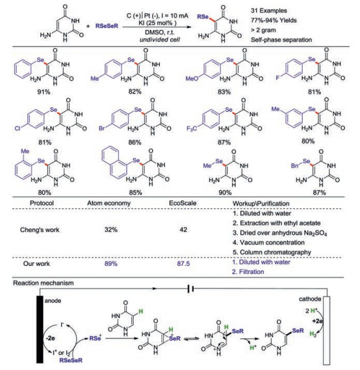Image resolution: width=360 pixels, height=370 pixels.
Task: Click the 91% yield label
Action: (44, 92)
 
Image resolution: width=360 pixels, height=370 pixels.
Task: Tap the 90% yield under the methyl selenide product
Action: (225, 192)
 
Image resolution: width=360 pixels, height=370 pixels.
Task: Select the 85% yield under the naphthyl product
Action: (135, 192)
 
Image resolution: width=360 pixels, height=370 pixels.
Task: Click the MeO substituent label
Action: (192, 79)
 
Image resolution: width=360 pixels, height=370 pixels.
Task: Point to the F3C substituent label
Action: (192, 129)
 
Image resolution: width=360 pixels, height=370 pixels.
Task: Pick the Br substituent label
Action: (101, 129)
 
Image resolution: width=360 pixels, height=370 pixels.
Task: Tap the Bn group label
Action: (295, 166)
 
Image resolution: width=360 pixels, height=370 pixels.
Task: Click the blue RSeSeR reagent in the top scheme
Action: (107, 26)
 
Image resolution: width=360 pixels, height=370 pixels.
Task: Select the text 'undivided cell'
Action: (160, 40)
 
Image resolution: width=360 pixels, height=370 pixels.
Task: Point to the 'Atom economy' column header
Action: (109, 203)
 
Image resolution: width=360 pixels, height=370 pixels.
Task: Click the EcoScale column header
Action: (183, 203)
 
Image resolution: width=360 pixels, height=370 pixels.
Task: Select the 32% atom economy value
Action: (111, 230)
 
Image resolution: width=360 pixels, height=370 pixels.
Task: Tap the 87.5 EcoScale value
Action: (183, 263)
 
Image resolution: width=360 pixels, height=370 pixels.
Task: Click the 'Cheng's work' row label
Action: (40, 230)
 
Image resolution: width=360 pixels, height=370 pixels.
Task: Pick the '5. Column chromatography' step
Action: (272, 252)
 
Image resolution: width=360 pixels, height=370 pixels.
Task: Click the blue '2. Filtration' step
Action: (248, 272)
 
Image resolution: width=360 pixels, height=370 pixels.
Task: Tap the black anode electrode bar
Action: (40, 330)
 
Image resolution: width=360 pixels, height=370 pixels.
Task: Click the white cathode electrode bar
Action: (327, 330)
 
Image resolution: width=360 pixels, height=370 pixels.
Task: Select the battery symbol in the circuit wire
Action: (190, 288)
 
